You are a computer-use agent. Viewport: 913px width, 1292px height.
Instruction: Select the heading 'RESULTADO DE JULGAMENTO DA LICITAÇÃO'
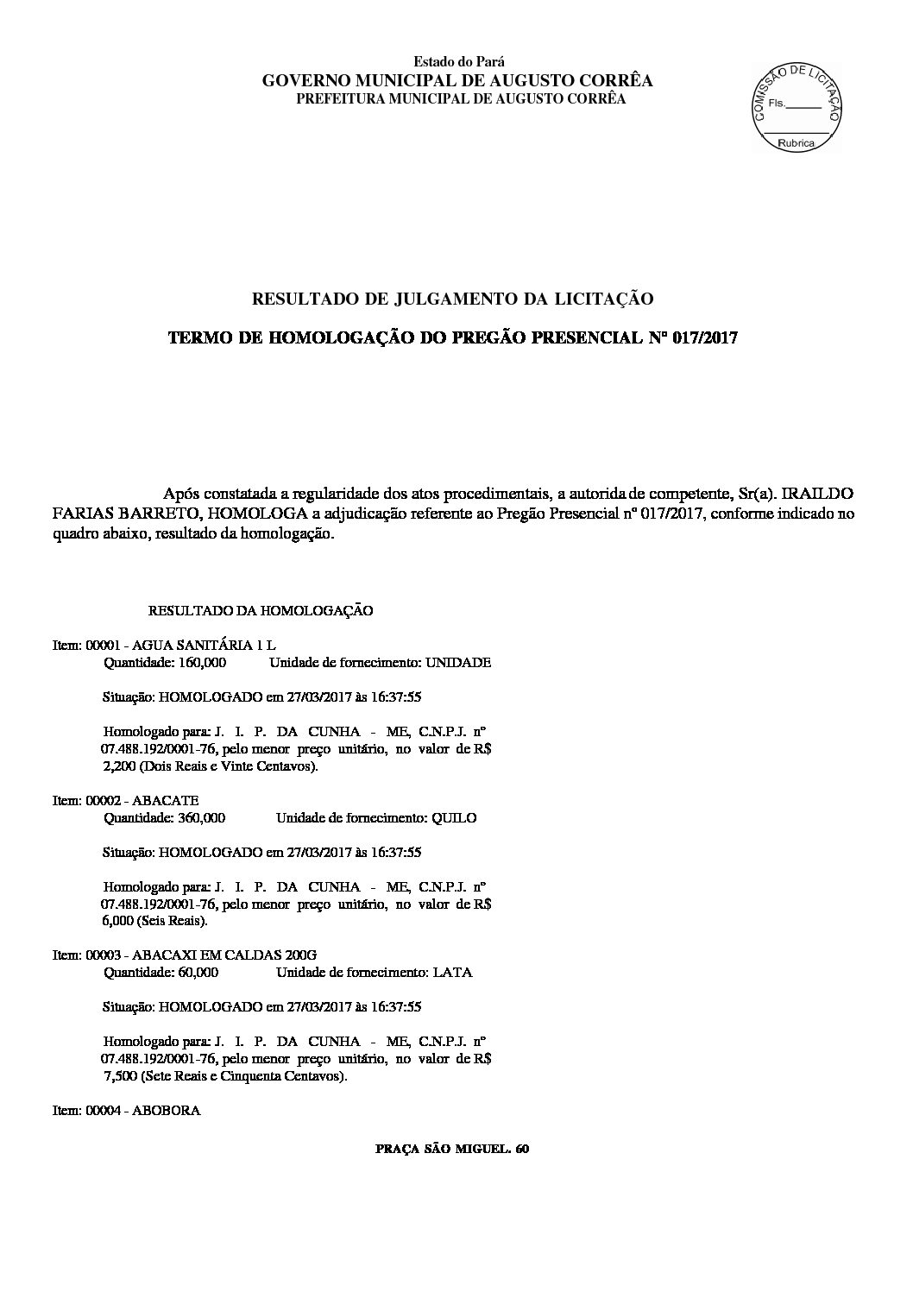[x=451, y=299]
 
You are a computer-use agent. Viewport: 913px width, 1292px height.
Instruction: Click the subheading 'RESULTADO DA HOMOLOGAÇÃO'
[x=261, y=611]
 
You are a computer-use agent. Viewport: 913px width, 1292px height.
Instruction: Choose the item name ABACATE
[x=165, y=801]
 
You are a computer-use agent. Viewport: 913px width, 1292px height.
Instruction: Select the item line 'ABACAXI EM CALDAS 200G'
[x=224, y=955]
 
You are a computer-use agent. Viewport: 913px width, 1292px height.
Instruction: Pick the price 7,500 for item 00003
[x=119, y=1076]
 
